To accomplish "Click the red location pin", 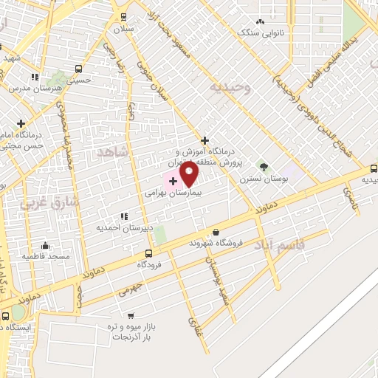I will [x=189, y=173].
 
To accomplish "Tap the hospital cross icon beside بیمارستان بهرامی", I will [x=173, y=181].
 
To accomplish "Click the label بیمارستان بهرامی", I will [x=179, y=190].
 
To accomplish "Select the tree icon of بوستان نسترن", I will [x=264, y=168].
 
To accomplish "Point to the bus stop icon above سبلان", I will [x=123, y=17].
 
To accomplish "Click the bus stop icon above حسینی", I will [x=78, y=70].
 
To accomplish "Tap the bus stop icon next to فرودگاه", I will [x=149, y=252].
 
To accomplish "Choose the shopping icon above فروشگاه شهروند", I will [x=216, y=232].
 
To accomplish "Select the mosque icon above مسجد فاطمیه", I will [x=46, y=246].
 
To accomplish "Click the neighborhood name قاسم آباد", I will [x=280, y=244].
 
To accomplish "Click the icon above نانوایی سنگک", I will [x=260, y=21].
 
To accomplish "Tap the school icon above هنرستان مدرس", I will [x=34, y=77].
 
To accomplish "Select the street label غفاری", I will [x=195, y=325].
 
